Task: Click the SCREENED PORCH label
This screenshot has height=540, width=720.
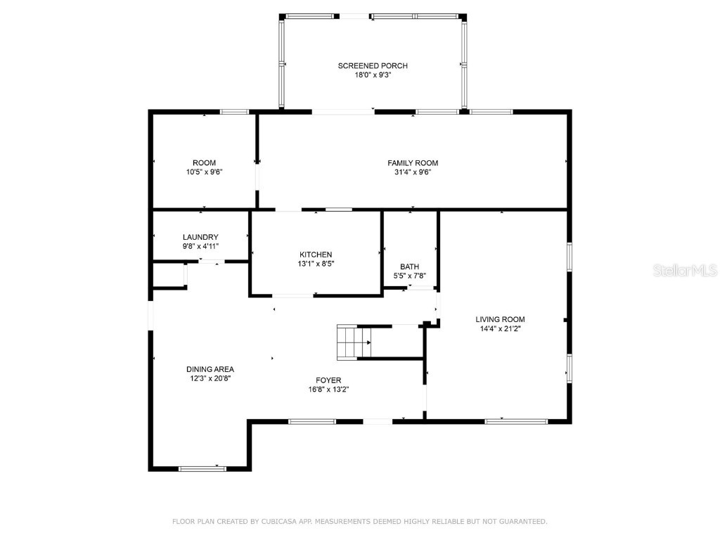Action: [373, 65]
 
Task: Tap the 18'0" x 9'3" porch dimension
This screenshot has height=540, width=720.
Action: [373, 75]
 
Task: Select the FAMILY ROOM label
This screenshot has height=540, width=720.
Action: [413, 163]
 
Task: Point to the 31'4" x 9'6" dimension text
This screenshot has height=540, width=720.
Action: [413, 172]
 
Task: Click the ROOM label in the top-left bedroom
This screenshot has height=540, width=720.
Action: [205, 163]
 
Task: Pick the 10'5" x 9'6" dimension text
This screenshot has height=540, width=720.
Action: [205, 172]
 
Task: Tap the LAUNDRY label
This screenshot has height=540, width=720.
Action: [200, 237]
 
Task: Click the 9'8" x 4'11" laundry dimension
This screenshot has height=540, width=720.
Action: [200, 246]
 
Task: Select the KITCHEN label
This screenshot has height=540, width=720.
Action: [316, 255]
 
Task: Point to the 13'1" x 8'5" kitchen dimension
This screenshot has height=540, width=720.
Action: [316, 264]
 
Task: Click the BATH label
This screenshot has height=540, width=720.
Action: [410, 266]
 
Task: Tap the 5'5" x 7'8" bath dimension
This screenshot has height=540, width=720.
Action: [410, 276]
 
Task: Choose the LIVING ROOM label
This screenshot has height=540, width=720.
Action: [500, 319]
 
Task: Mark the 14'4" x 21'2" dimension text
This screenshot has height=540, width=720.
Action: [500, 328]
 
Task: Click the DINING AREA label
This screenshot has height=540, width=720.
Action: [210, 369]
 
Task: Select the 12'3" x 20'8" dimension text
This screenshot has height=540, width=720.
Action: [210, 378]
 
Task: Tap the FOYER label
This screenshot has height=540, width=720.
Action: [328, 380]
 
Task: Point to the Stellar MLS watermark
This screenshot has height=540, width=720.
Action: [685, 270]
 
